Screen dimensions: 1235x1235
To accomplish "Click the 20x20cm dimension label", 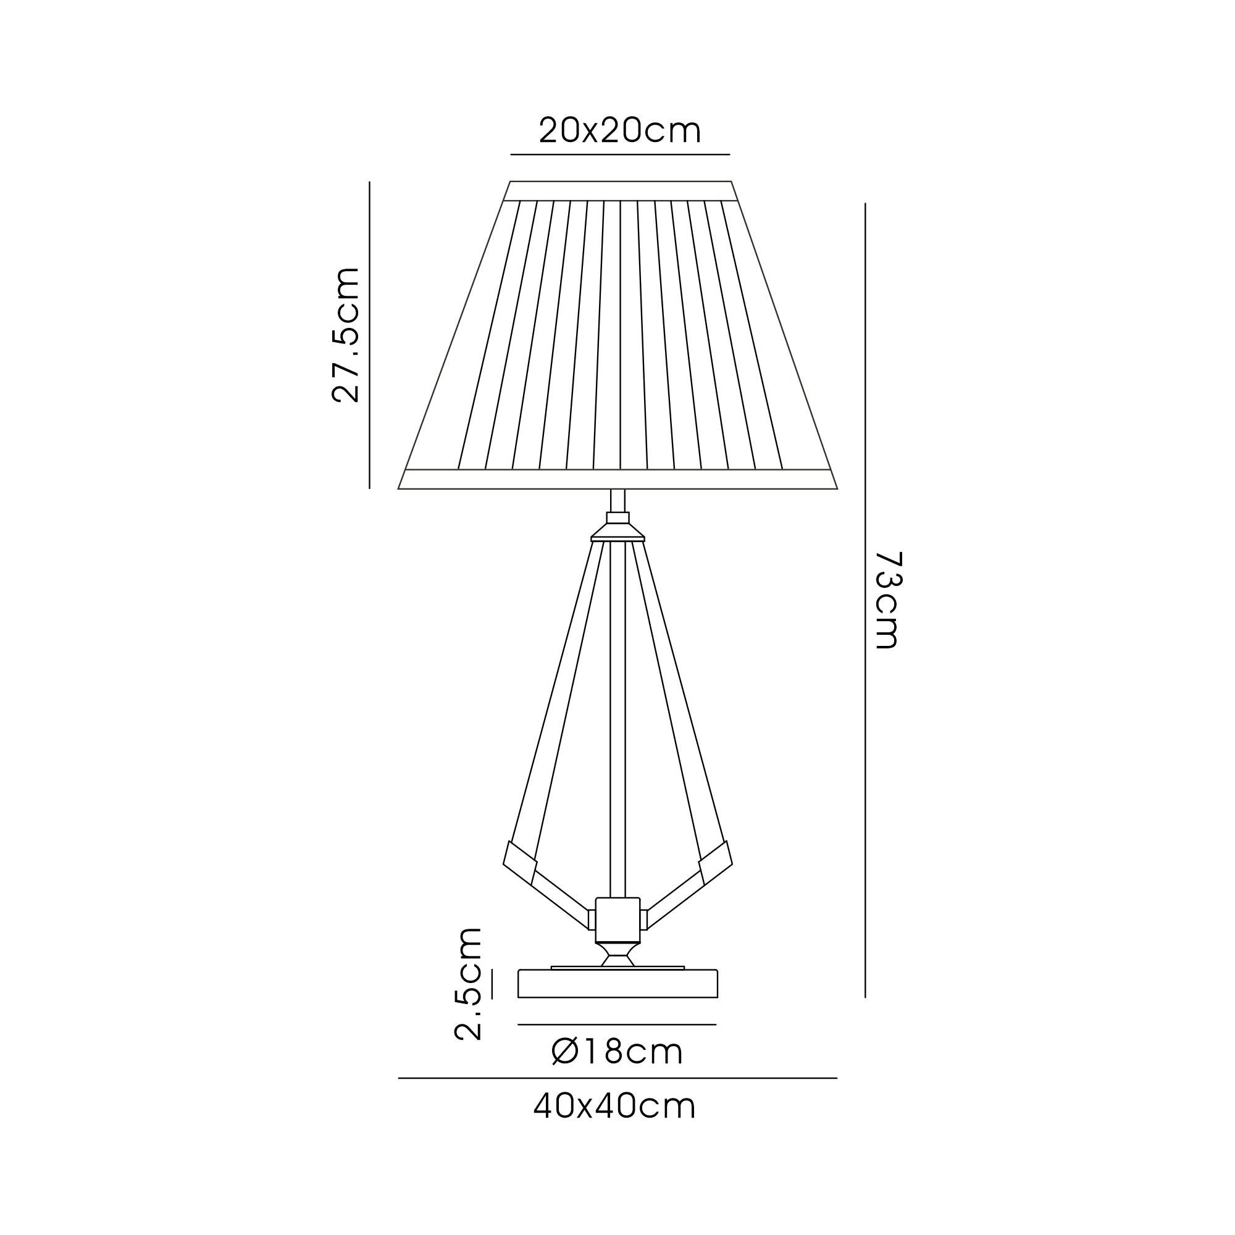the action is [620, 130].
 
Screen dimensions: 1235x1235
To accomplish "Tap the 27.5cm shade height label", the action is [346, 335].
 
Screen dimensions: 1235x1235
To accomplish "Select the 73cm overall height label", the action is [888, 600].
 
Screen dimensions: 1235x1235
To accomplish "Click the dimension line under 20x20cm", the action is [620, 155].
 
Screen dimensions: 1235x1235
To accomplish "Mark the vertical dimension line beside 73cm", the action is [865, 600].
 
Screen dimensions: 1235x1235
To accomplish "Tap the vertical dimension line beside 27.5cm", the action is [369, 335].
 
